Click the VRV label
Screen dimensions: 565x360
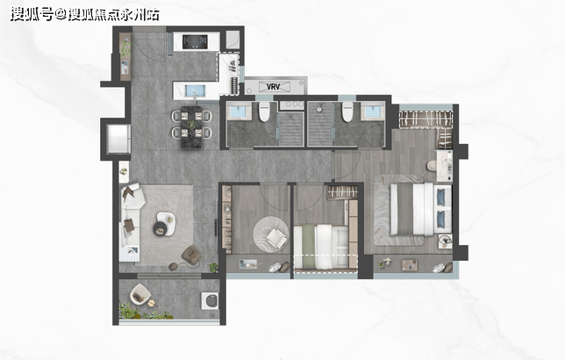[273, 87]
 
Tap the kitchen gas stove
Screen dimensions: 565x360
[195, 42]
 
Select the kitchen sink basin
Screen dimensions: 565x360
[195, 91]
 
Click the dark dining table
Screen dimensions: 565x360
[191, 127]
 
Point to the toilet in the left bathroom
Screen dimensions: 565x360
[264, 112]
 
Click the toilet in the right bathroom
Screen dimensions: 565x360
[347, 112]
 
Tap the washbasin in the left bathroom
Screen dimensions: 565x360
[238, 112]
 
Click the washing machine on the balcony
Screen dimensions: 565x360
[210, 300]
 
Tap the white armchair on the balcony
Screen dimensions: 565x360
[139, 294]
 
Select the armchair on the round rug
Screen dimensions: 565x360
[276, 238]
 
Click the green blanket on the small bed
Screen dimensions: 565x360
[308, 247]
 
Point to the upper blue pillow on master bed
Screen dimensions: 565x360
[441, 198]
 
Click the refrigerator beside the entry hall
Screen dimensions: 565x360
[118, 139]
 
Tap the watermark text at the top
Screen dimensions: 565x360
[85, 14]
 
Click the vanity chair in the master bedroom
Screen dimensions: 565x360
[432, 166]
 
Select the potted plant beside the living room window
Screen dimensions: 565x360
[214, 267]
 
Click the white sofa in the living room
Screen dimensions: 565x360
[131, 222]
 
